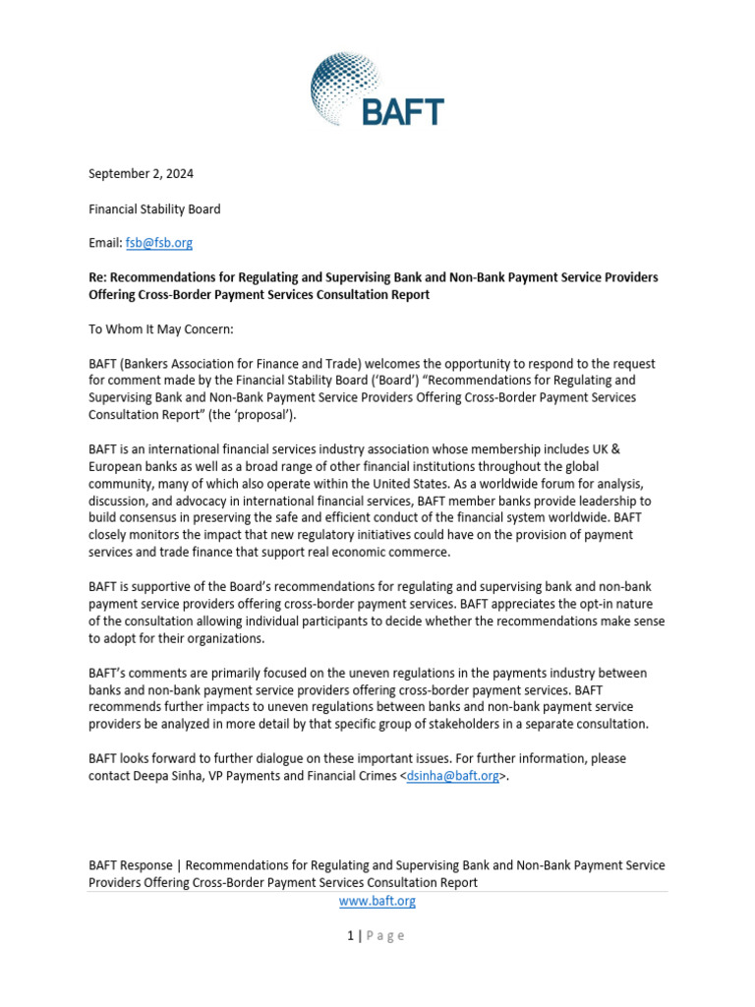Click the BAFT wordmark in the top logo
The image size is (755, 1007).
point(402,111)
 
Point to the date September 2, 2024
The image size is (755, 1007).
point(141,174)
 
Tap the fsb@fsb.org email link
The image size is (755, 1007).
point(158,243)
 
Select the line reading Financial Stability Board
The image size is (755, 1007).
point(154,208)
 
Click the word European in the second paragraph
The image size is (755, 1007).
point(118,466)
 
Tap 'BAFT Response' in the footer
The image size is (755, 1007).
point(130,865)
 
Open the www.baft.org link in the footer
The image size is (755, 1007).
point(377,901)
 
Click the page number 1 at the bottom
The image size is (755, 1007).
point(350,935)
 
